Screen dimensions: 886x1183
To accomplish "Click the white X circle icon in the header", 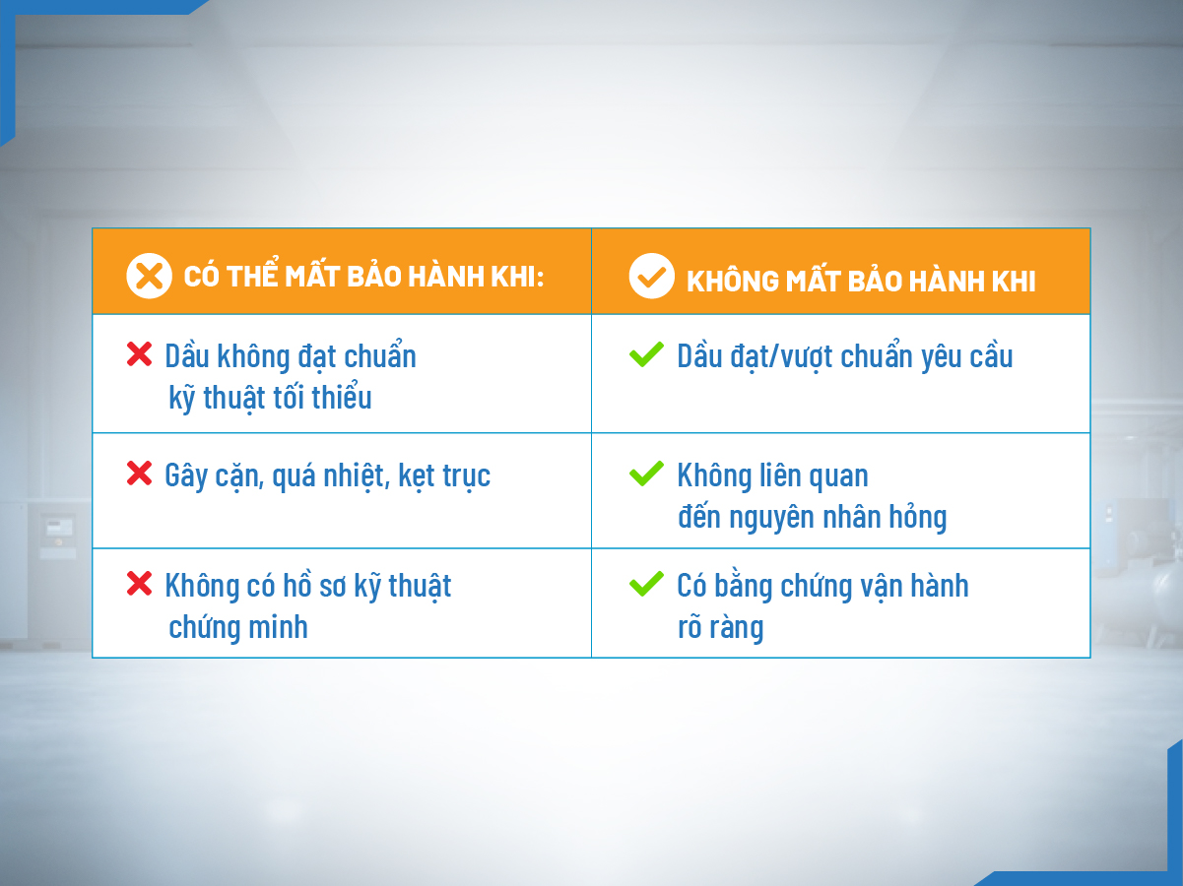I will [x=150, y=276].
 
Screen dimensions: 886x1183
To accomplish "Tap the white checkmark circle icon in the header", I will [x=651, y=277].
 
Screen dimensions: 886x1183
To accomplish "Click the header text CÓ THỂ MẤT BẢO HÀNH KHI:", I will [x=364, y=277].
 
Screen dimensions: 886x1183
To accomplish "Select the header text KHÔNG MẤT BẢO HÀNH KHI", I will [x=861, y=281].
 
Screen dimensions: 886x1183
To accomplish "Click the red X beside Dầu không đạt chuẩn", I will [x=140, y=354].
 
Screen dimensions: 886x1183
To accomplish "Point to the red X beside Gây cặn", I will [x=140, y=475].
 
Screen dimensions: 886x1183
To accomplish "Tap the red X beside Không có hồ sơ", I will [x=140, y=584].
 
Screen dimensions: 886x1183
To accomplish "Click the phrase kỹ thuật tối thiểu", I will [x=270, y=398].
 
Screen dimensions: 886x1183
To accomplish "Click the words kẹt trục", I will [x=444, y=476].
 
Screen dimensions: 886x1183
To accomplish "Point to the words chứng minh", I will [x=238, y=627].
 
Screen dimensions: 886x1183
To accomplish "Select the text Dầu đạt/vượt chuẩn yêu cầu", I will [x=845, y=356].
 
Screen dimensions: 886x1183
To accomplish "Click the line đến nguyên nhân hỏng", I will [x=812, y=518].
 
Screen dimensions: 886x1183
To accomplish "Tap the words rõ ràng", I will [x=720, y=627].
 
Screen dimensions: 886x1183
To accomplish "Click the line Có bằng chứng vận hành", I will [x=822, y=586].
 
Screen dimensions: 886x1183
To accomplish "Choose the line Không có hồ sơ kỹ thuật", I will [x=308, y=586].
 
